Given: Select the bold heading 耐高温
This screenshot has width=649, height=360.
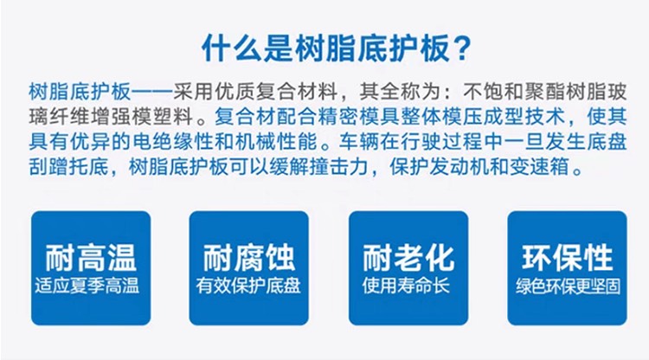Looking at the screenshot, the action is tap(91, 257).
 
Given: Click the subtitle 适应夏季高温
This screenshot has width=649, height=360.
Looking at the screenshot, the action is tap(87, 286).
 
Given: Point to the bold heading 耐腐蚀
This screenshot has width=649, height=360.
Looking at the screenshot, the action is tap(249, 257).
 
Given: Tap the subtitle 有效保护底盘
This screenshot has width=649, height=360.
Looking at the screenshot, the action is tap(248, 286).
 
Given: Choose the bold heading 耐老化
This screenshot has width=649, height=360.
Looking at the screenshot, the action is tap(408, 257).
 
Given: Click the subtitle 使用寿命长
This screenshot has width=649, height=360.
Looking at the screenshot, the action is tap(406, 286).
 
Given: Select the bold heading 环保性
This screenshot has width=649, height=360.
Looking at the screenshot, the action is tap(568, 257).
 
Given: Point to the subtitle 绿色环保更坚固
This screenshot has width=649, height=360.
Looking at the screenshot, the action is tap(568, 286).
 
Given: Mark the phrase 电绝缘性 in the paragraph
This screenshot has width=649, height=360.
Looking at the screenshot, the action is tap(173, 142).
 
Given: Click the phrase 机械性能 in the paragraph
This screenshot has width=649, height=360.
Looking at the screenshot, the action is tap(276, 142).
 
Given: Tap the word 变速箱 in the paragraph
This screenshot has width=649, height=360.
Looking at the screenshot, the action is tap(543, 167).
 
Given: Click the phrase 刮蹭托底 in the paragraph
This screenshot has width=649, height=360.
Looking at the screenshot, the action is tap(69, 167).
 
